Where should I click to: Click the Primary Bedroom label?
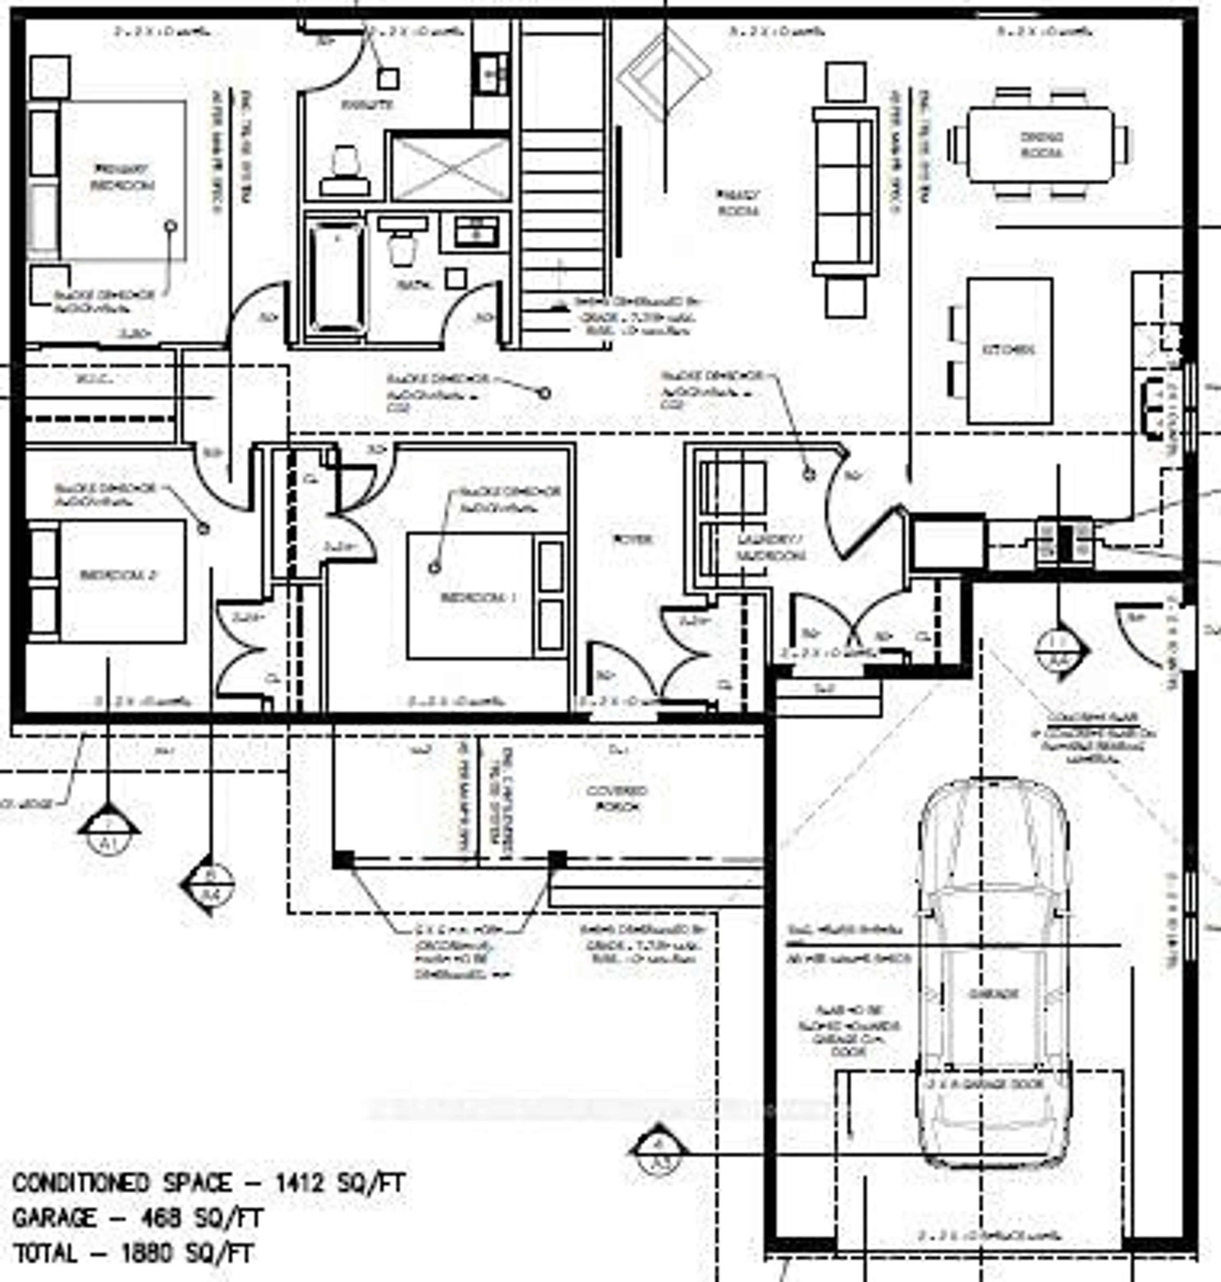(x=122, y=177)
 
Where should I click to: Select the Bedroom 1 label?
(x=478, y=597)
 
